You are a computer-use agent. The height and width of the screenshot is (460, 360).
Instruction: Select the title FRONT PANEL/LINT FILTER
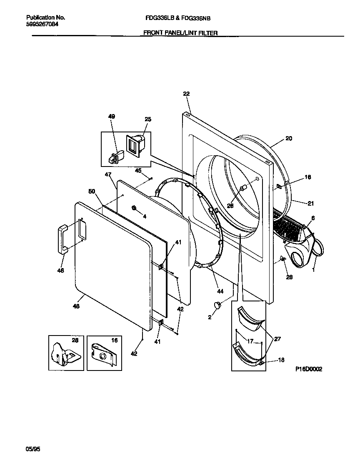180,33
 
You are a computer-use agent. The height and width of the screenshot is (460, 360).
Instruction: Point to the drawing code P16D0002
309,369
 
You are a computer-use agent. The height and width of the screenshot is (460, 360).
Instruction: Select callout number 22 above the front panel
186,94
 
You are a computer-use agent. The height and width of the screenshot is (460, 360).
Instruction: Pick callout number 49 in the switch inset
112,117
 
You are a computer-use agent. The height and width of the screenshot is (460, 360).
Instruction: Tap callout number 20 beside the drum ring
289,139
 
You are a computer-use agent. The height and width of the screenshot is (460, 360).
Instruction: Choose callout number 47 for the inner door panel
108,175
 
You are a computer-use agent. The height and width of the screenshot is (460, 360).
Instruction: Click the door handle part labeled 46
63,239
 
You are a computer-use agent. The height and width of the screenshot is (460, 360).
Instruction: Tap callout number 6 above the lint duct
312,218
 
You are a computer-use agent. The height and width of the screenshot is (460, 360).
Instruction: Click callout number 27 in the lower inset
277,339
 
